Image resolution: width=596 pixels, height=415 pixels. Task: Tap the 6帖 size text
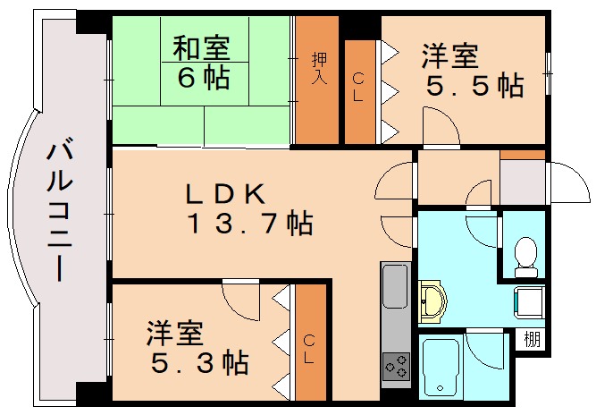point(203,77)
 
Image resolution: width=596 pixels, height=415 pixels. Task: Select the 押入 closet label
point(319,68)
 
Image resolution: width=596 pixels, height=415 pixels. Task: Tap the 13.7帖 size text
point(249,224)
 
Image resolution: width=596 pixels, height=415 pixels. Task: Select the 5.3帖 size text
point(197,364)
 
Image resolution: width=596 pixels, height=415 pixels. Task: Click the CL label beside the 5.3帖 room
point(309,351)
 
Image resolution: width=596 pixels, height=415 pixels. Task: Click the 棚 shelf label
point(533,340)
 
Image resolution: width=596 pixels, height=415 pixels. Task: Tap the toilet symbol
point(525,253)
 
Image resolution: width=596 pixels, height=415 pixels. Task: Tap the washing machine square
point(529,302)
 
